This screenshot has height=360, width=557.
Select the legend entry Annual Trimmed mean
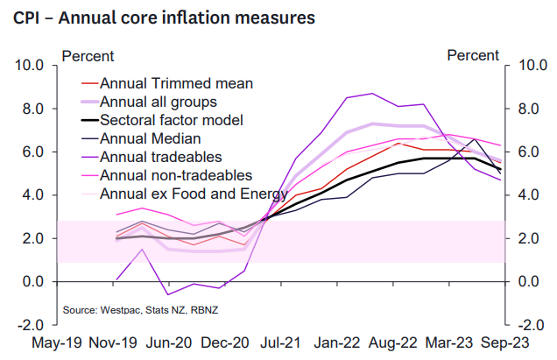(x=176, y=84)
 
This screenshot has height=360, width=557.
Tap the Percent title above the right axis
(x=473, y=56)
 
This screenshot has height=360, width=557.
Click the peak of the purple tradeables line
(x=373, y=93)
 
